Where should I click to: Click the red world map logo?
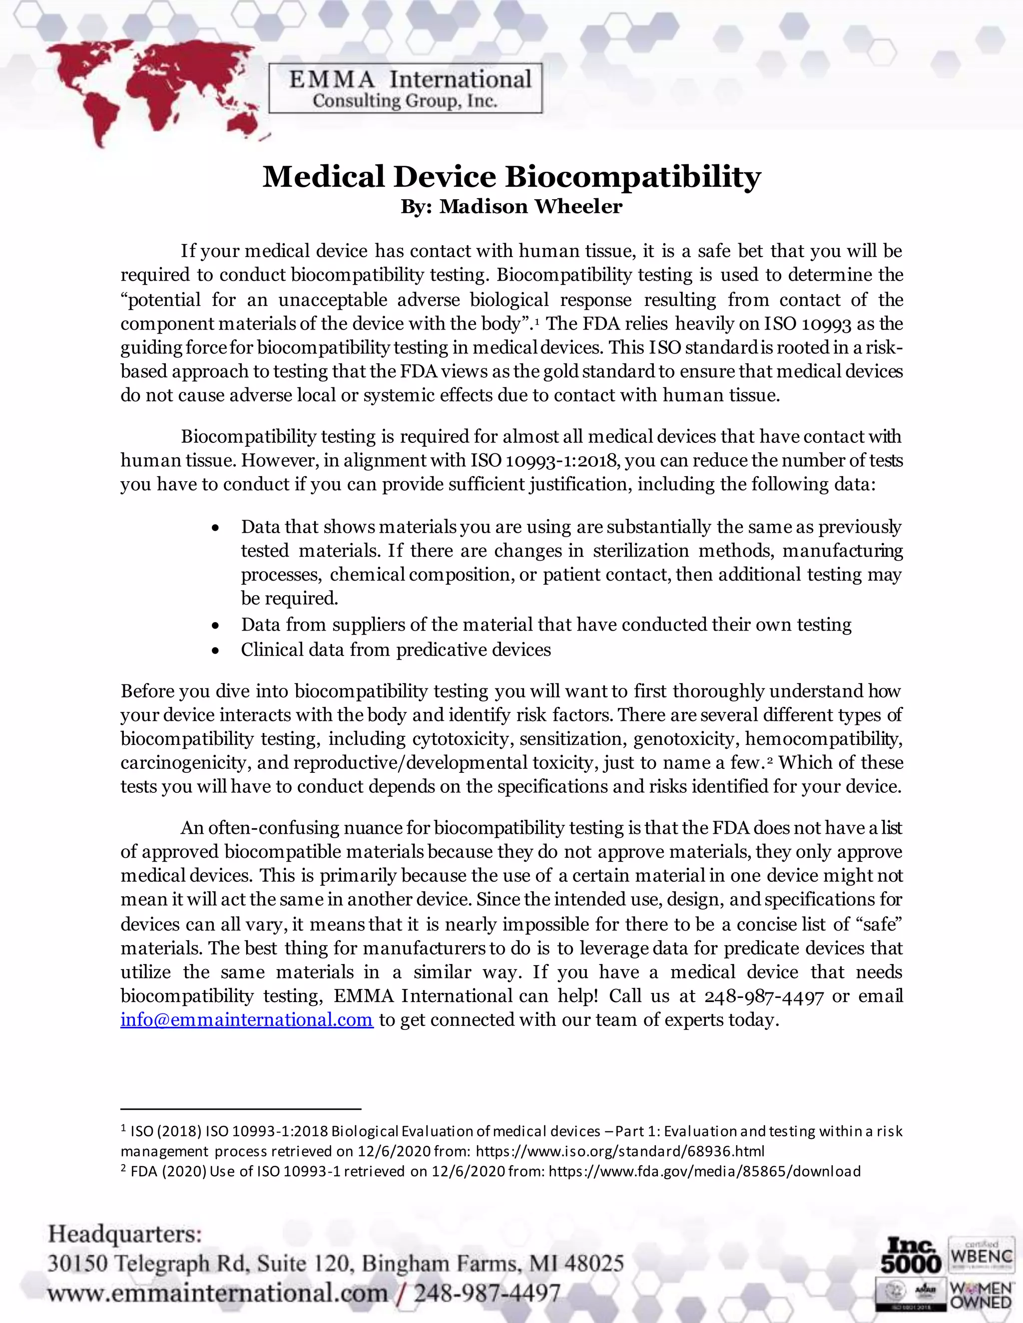tap(151, 91)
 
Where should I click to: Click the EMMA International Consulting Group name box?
tap(406, 88)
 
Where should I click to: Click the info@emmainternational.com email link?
tap(247, 1019)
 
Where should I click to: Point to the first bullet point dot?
tap(215, 528)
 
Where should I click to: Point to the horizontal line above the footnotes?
tap(241, 1108)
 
